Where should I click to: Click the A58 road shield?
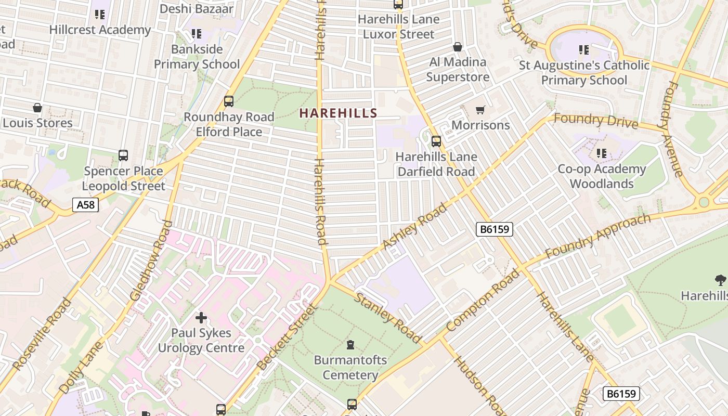pyautogui.click(x=85, y=205)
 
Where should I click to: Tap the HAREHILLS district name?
pyautogui.click(x=338, y=113)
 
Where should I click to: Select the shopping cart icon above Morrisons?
pyautogui.click(x=480, y=110)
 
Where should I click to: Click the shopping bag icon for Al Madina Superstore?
pyautogui.click(x=458, y=47)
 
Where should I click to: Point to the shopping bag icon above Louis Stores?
pyautogui.click(x=37, y=108)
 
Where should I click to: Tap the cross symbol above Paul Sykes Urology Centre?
pyautogui.click(x=201, y=317)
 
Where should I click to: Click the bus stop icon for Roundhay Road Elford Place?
pyautogui.click(x=229, y=101)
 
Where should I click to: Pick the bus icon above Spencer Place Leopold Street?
pyautogui.click(x=123, y=155)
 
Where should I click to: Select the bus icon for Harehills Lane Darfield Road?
pyautogui.click(x=436, y=141)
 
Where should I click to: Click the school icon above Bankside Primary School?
pyautogui.click(x=197, y=34)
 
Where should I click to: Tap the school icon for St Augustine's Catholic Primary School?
pyautogui.click(x=584, y=50)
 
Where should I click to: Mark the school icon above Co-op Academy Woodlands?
pyautogui.click(x=602, y=153)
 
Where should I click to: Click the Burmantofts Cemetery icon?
pyautogui.click(x=350, y=344)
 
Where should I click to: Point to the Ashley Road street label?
pyautogui.click(x=414, y=227)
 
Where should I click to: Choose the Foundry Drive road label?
pyautogui.click(x=595, y=120)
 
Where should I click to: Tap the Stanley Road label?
pyautogui.click(x=388, y=317)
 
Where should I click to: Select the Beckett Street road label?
pyautogui.click(x=287, y=338)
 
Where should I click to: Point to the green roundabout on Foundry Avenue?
pyautogui.click(x=704, y=202)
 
